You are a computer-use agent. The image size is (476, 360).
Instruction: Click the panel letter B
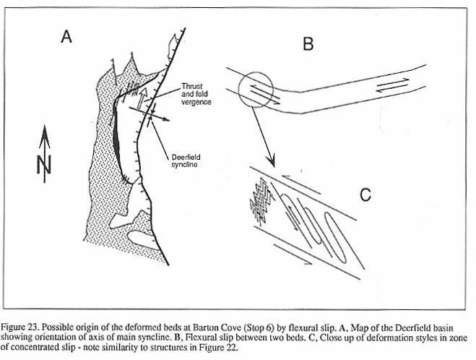tap(307, 44)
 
